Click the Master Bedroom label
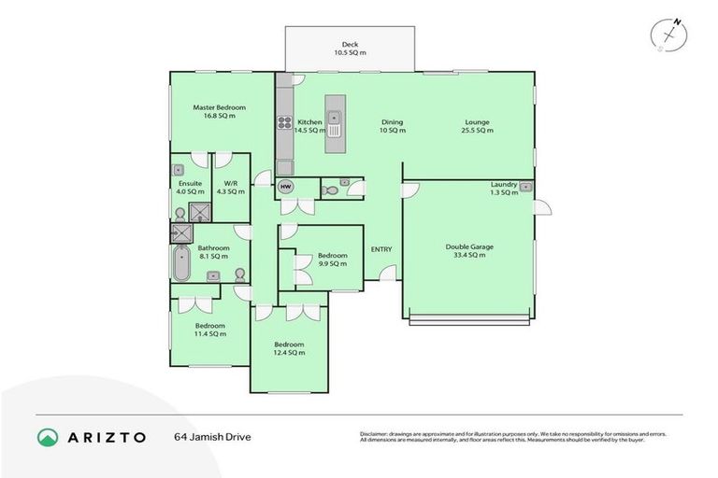[x=212, y=112]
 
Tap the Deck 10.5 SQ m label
[x=350, y=49]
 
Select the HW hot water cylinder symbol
[x=286, y=188]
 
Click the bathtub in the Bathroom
[x=179, y=263]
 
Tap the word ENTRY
[x=381, y=248]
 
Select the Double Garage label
[x=468, y=250]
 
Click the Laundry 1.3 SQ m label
[x=504, y=189]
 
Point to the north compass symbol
[x=668, y=33]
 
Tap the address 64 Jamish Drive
[x=212, y=437]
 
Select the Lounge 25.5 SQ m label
[x=478, y=126]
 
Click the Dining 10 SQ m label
[x=393, y=126]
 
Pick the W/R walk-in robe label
[x=230, y=187]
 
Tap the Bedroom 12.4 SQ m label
[x=289, y=348]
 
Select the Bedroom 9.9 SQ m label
[x=332, y=260]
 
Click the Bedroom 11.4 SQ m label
[x=210, y=330]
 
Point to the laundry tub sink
[x=525, y=188]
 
